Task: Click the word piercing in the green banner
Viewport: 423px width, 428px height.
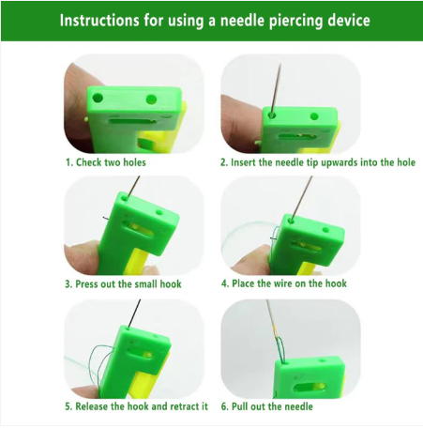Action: click(x=273, y=20)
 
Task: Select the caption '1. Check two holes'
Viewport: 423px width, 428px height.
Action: click(x=105, y=161)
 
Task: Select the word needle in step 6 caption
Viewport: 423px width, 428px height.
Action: click(x=297, y=406)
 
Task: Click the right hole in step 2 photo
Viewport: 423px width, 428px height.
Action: click(x=310, y=115)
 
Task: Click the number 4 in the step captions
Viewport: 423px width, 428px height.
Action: click(x=224, y=283)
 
